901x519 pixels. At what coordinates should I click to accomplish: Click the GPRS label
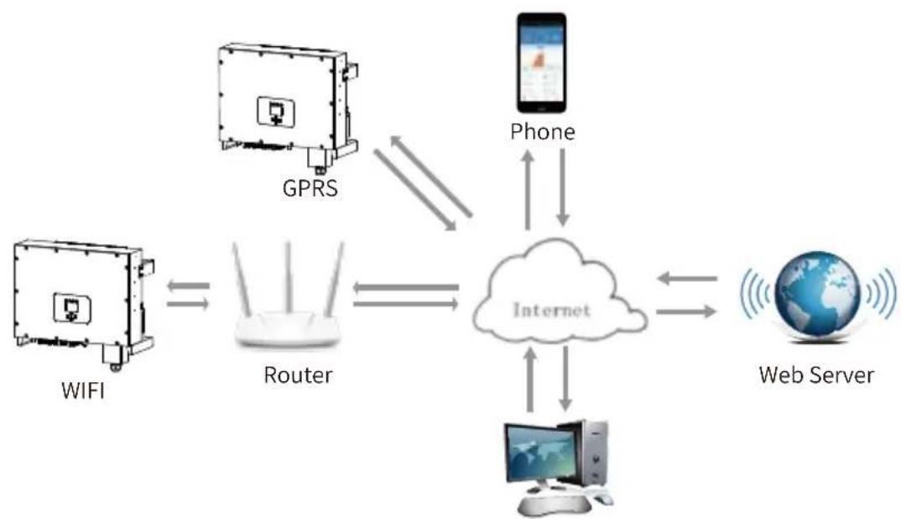pos(310,188)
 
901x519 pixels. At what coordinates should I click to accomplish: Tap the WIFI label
pos(83,391)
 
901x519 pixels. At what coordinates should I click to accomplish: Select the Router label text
pos(298,375)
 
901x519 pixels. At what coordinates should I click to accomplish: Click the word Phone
pos(543,132)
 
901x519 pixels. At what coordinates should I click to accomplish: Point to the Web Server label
pos(816,375)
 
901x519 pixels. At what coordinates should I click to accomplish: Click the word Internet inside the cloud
pos(552,310)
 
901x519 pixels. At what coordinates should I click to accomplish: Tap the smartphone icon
pos(541,63)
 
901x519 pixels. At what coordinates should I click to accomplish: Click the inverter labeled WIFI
pos(84,303)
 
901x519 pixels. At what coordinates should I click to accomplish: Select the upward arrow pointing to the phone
pos(528,190)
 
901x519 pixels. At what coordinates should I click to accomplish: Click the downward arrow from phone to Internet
pos(563,187)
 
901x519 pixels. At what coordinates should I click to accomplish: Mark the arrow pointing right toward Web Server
pos(686,312)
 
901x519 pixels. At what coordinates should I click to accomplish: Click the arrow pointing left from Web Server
pos(687,279)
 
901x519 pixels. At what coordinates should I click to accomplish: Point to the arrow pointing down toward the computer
pos(565,379)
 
